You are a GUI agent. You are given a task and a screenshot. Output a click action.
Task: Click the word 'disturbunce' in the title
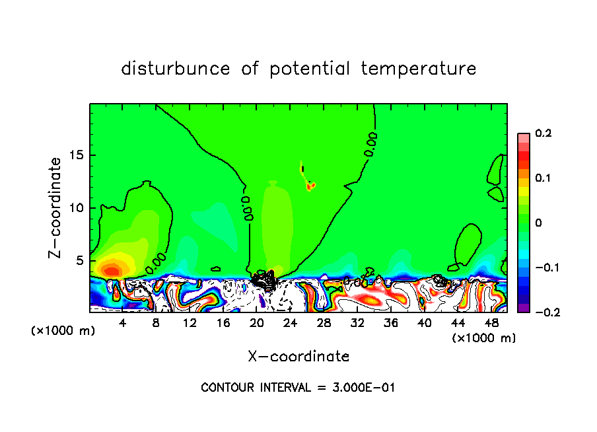pos(175,69)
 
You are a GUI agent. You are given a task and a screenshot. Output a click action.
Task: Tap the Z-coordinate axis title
pos(56,207)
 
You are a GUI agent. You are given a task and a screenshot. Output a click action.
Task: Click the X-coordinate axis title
pos(298,357)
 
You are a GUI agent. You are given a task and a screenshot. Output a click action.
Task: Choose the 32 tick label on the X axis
pos(357,323)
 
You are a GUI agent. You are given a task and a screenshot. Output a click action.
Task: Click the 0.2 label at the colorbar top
pos(544,133)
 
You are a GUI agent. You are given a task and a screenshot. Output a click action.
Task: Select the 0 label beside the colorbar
pos(538,223)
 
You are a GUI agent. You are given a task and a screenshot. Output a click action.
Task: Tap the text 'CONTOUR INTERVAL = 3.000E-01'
pos(298,388)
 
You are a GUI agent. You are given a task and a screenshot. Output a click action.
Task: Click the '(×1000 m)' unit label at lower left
pos(63,331)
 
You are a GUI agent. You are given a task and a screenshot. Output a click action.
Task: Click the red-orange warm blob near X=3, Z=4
pos(111,270)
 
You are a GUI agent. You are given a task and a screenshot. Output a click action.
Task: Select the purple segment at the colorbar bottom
pos(523,308)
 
